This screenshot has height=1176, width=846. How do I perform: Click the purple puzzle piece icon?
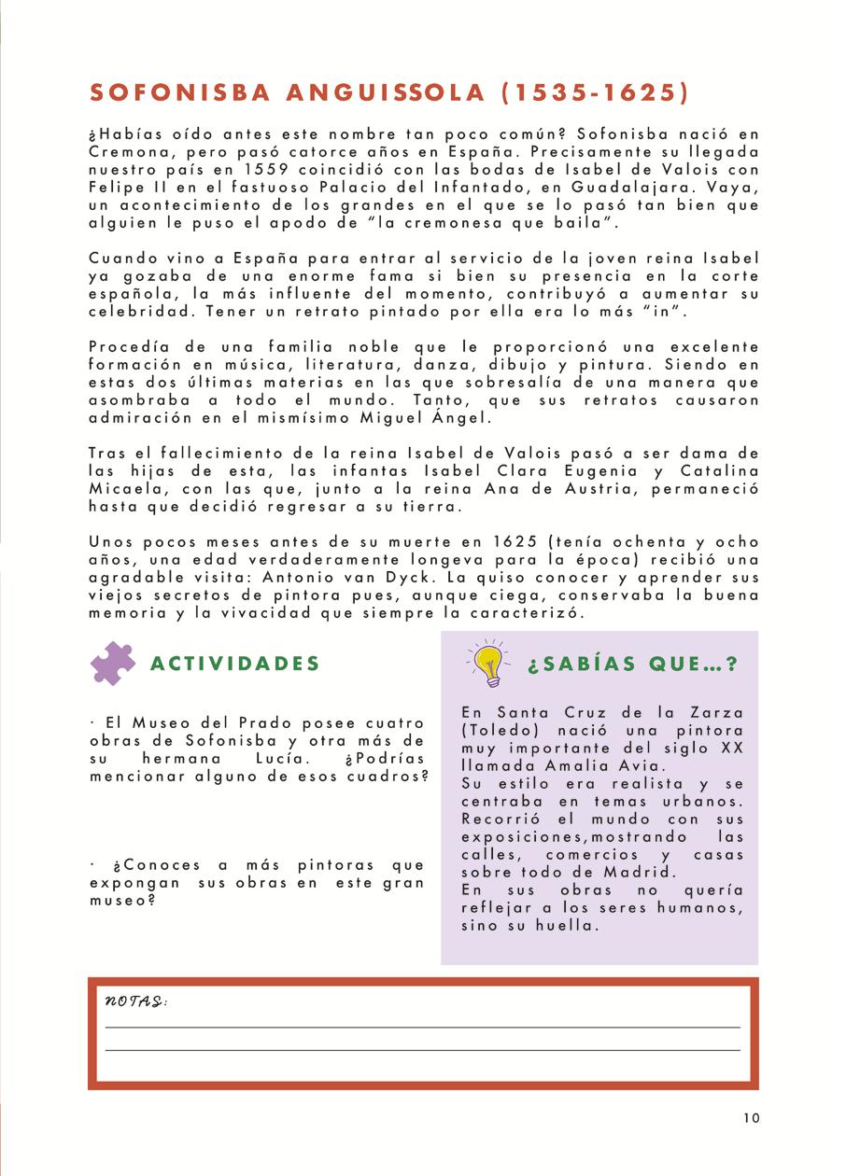113,664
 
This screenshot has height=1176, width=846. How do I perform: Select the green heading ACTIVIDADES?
235,664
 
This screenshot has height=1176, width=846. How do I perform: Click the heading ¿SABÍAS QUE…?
633,665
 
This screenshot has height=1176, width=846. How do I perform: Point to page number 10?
753,1118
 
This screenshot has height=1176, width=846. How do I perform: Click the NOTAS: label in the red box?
136,1001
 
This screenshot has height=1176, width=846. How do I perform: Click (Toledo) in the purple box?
497,730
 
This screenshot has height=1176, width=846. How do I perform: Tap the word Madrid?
636,872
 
